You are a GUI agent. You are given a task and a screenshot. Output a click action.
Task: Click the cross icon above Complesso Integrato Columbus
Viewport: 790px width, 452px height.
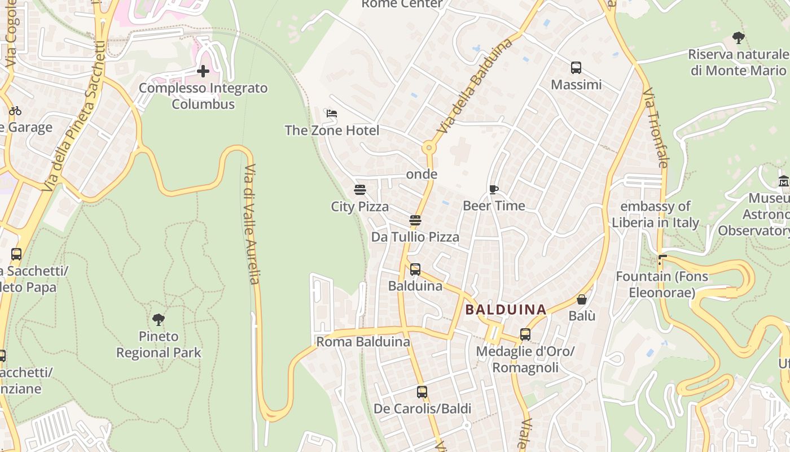point(203,71)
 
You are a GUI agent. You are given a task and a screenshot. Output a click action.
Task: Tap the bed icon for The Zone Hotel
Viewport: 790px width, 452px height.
point(332,114)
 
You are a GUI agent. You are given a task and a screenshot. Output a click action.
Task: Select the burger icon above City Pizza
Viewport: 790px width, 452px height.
point(360,189)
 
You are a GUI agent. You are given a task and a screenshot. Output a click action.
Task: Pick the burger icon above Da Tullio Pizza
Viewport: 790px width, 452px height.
point(415,220)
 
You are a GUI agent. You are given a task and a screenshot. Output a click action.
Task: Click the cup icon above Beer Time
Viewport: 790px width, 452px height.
point(494,189)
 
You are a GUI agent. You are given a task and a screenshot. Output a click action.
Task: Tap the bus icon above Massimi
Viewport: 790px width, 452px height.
point(576,68)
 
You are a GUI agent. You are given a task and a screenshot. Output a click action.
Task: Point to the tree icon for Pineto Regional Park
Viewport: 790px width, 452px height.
point(159,320)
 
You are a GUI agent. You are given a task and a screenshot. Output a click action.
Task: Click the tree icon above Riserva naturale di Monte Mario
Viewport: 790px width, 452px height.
point(738,38)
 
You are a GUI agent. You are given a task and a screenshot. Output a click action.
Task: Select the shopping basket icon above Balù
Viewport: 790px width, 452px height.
point(582,299)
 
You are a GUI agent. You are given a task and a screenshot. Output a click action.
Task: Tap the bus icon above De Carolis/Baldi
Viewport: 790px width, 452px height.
point(422,392)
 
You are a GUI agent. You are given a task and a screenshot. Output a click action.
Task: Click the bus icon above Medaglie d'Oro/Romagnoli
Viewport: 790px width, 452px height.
point(525,334)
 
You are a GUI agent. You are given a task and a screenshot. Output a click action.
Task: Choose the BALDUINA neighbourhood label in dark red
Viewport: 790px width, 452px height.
point(506,310)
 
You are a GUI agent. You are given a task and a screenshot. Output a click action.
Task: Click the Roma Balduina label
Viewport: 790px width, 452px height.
point(363,342)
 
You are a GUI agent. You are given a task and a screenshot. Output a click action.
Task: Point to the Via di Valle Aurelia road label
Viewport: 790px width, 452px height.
point(252,224)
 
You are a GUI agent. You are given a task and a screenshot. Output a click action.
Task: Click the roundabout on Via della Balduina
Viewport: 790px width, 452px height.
point(429,148)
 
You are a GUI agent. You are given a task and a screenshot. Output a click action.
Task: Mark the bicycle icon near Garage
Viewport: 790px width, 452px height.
point(15,111)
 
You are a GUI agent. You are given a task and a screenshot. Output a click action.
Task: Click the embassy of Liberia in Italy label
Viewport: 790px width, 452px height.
point(656,214)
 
